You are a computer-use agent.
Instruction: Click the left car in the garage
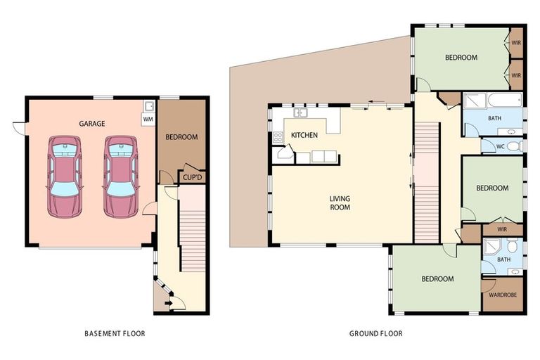coord(65,176)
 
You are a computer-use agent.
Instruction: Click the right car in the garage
coord(120,176)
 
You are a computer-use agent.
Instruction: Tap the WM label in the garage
coord(148,120)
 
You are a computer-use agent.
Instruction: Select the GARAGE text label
coord(92,123)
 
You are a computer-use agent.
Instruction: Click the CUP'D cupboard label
coord(192,178)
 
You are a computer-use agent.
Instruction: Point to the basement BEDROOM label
coord(181,137)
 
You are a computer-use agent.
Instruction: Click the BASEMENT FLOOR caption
coord(115,333)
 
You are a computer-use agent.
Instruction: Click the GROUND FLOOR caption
coord(375,333)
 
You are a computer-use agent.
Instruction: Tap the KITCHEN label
coord(304,135)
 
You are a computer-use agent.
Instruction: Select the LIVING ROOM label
coord(340,202)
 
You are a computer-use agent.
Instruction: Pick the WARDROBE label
coord(502,295)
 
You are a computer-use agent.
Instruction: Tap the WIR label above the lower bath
coord(501,229)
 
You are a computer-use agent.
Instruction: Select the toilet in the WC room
coord(514,146)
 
